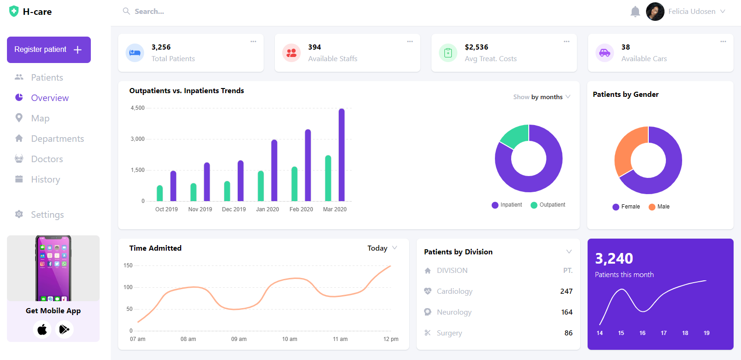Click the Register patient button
coord(48,50)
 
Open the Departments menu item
coord(57,139)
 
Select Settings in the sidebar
coord(47,215)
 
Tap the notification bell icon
coord(635,12)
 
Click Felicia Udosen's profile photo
coord(655,12)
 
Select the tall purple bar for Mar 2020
coord(342,155)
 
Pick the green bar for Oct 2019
coord(160,193)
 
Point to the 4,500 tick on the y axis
coord(138,108)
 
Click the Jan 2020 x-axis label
coord(267,209)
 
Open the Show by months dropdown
coord(541,97)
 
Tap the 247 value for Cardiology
coord(566,291)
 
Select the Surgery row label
coord(449,333)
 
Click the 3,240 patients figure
coord(614,259)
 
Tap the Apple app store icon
coord(42,329)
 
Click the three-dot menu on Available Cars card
coord(723,42)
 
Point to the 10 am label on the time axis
coord(290,339)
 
